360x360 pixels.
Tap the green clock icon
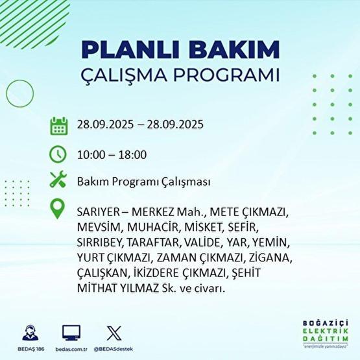click(58, 154)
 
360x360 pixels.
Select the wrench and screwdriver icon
click(58, 182)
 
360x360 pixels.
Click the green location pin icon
click(58, 210)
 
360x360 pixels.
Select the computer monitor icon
click(71, 333)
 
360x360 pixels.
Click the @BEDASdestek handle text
click(115, 348)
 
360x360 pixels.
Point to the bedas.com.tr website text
click(71, 348)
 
